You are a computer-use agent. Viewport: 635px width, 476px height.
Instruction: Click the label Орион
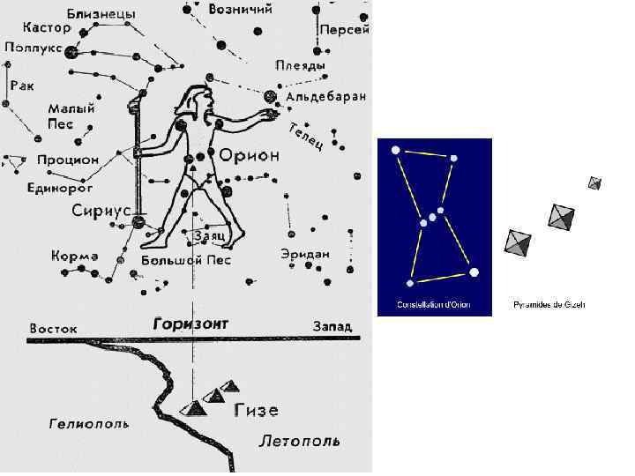pos(250,155)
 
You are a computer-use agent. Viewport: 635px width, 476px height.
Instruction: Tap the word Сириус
pos(101,212)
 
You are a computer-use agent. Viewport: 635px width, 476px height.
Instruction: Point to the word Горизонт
pos(190,324)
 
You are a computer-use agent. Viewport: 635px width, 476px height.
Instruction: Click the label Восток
pos(53,328)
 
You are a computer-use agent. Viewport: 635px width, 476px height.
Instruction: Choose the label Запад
pos(331,326)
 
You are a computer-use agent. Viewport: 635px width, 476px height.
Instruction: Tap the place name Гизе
pos(257,411)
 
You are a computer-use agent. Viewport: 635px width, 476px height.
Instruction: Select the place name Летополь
pos(299,441)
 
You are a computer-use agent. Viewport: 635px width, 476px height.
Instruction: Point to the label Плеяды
pos(300,66)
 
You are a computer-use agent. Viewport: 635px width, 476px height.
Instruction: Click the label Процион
pos(68,160)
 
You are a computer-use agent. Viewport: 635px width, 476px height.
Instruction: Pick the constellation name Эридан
pos(305,254)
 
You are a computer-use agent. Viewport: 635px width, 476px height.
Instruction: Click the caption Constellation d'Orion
pos(434,305)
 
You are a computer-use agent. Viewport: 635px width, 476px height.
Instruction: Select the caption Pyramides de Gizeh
pos(549,305)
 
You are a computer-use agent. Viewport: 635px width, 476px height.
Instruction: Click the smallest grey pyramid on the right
pos(595,183)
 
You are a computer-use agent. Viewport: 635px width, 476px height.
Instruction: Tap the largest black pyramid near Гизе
pos(195,407)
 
